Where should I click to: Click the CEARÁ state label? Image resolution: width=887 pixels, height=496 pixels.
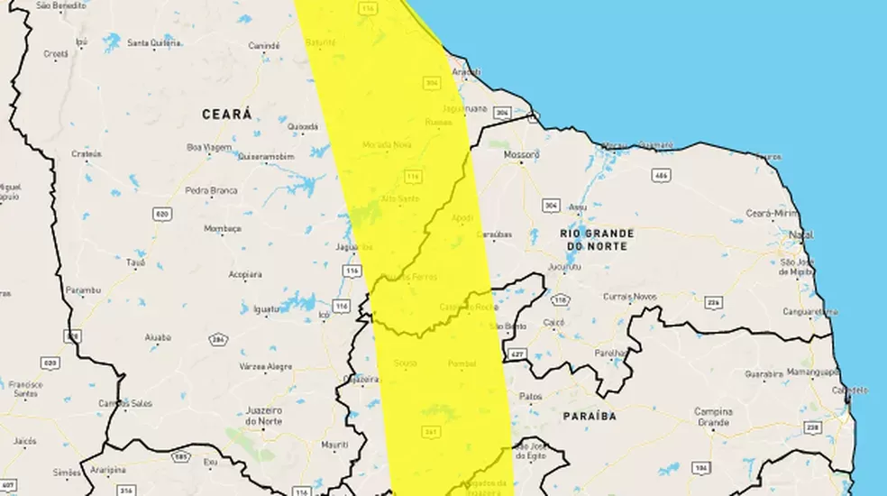coord(226,115)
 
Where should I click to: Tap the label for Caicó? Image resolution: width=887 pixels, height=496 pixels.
coord(553,322)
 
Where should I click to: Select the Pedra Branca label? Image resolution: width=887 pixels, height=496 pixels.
coord(211,190)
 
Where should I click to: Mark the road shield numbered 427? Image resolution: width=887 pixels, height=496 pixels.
coord(517,354)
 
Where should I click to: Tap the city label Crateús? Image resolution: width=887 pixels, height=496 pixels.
coord(86,154)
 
